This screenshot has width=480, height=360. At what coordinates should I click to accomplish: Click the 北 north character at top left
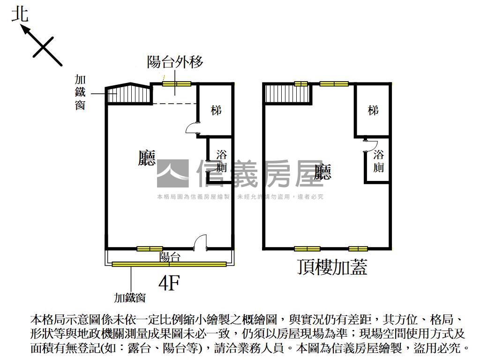point(20,14)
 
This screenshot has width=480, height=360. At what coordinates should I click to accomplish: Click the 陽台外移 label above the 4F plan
point(175,62)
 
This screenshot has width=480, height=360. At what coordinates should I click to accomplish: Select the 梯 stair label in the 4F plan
point(216,111)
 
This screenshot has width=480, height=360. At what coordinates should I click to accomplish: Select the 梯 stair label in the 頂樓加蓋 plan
point(373,111)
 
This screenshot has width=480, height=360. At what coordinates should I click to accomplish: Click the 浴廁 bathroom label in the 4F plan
point(222,161)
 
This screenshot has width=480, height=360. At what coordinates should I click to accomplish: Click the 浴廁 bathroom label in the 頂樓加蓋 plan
point(379,160)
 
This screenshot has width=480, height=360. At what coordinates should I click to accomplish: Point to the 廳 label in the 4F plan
point(147,158)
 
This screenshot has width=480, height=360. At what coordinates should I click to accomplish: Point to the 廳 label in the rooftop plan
point(322,172)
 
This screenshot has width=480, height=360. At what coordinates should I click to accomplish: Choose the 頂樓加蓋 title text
point(332,267)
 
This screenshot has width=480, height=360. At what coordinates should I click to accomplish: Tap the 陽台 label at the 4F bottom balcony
point(170,257)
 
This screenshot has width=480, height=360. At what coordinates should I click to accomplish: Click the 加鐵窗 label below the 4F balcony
point(130,297)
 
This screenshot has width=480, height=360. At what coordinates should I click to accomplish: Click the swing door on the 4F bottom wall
point(200,241)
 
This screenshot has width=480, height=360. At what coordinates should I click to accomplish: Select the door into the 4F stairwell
point(193,128)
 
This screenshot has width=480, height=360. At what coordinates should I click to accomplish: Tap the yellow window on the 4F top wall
point(177,84)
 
